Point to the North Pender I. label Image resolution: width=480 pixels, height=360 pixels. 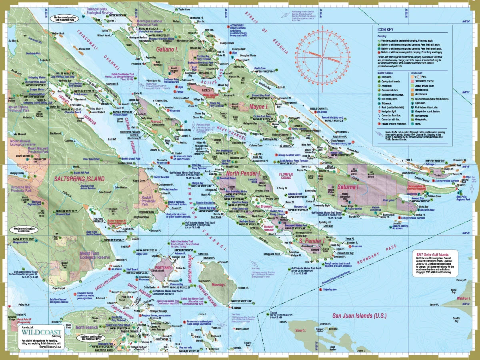pos(244,174)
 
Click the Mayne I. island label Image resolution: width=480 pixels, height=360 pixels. pos(258,107)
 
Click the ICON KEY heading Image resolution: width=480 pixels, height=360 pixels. pos(386,29)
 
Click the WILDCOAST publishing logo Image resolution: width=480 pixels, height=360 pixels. pos(42,333)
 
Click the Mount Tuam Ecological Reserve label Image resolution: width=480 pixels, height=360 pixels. pos(95,255)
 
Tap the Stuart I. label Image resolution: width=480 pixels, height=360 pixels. pos(300,330)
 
